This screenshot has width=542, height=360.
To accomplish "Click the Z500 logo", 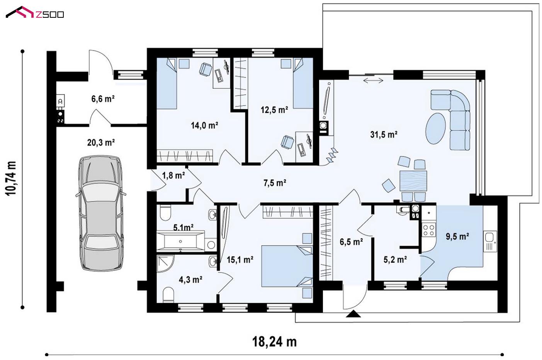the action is coord(35,13).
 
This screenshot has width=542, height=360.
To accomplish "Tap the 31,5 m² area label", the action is coord(384,134).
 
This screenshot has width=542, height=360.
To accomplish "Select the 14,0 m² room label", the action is coord(204,125).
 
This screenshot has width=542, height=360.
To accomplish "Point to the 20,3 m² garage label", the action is coord(101,143).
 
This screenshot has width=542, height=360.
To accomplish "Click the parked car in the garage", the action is coord(101,213).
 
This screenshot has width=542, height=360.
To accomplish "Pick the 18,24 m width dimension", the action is coord(274,341).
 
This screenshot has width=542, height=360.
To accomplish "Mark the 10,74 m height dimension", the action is coord(11,178).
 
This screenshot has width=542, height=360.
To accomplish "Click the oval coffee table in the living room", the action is coord(435,129).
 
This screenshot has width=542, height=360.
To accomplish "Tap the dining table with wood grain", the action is coord(413,181).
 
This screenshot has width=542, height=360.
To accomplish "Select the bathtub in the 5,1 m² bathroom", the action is coord(180,241).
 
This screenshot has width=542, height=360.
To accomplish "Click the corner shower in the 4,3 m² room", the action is coord(165,263).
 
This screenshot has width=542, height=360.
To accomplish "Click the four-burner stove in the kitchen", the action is coord(428,229).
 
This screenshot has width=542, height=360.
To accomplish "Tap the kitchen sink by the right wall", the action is coord(490,241).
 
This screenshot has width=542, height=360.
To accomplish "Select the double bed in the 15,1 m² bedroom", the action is coord(287,266).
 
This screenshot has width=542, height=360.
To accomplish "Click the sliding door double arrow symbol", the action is coord(373,80).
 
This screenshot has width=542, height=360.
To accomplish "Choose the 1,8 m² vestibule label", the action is coord(173,175).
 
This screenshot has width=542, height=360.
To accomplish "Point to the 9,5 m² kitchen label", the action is coord(457,236).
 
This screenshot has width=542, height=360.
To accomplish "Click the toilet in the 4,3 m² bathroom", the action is coord(168,295).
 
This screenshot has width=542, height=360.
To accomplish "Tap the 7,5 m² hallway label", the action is coord(275,183).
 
